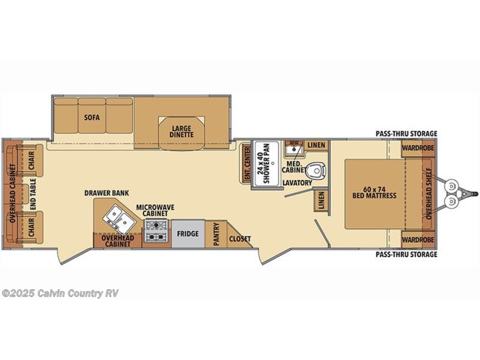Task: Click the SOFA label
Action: pyautogui.click(x=91, y=118)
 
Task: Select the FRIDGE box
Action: pyautogui.click(x=187, y=234)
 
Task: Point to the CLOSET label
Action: pyautogui.click(x=239, y=239)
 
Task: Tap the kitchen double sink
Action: pyautogui.click(x=117, y=216)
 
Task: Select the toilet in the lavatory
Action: pyautogui.click(x=316, y=172)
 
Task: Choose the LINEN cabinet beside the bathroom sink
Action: pyautogui.click(x=316, y=145)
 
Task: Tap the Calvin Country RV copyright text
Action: pyautogui.click(x=60, y=293)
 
